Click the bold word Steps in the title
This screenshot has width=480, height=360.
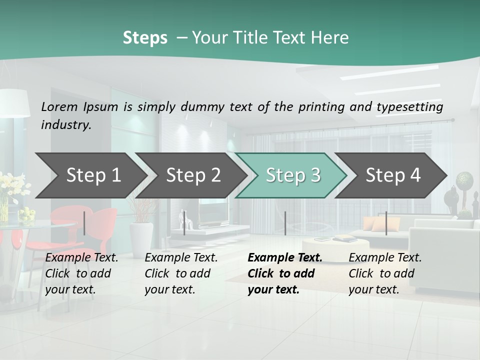(145, 38)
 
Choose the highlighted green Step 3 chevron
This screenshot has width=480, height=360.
(293, 175)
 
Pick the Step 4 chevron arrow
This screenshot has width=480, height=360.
(393, 175)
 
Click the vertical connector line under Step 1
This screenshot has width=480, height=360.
(84, 223)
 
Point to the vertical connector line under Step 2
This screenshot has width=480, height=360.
(184, 223)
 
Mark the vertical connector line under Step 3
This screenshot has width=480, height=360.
(285, 223)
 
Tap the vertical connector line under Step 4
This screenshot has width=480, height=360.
(386, 223)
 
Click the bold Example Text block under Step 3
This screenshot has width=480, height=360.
(284, 273)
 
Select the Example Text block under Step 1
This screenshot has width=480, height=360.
(81, 273)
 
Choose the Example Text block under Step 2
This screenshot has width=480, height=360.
(181, 273)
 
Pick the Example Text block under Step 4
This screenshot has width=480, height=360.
(385, 273)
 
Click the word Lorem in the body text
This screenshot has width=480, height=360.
(59, 106)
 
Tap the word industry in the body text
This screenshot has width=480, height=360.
(66, 124)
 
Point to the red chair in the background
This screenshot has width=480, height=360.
(100, 225)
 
